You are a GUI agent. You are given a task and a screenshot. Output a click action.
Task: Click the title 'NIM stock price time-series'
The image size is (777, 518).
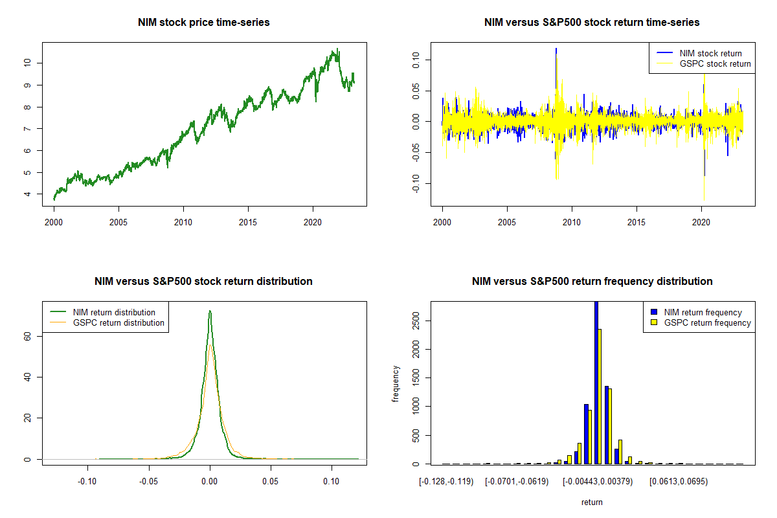(x=204, y=23)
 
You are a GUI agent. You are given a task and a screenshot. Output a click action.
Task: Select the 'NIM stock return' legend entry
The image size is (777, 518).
(x=710, y=53)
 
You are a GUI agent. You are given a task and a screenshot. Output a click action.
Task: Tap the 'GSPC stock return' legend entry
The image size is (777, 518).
(x=715, y=63)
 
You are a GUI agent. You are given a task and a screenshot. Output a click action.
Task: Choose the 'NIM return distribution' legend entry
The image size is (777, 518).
(x=114, y=312)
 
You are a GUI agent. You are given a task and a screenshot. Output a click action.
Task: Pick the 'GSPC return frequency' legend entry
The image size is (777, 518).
(x=707, y=322)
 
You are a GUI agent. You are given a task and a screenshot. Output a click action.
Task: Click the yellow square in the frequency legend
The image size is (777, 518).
(x=655, y=322)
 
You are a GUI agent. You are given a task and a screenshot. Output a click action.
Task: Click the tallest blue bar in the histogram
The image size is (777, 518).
(x=596, y=382)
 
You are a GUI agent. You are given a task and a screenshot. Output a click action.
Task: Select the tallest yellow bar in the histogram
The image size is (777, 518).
(x=600, y=396)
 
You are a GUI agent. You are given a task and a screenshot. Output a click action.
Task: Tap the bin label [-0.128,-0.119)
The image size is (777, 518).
(x=446, y=481)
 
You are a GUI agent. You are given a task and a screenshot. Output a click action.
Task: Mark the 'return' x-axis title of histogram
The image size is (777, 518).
(x=592, y=502)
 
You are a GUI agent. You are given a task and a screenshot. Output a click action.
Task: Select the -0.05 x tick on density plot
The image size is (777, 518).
(x=148, y=481)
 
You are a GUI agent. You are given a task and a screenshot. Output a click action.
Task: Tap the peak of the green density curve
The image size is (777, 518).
(x=210, y=311)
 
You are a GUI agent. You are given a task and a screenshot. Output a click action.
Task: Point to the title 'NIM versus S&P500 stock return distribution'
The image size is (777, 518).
(x=204, y=282)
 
